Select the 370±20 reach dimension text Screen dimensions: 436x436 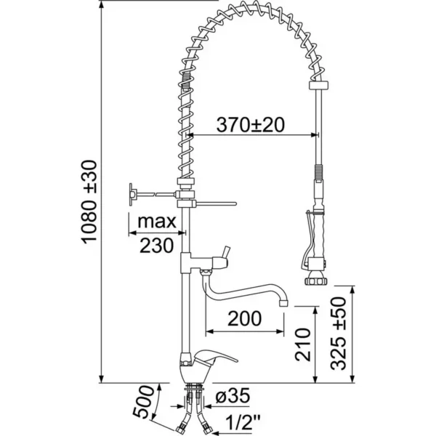tap(250, 124)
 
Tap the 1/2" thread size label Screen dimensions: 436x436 tap(236, 421)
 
